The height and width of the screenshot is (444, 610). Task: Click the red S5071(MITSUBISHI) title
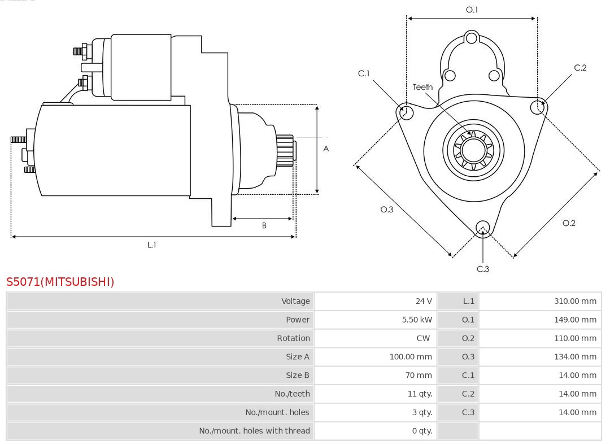click(x=60, y=281)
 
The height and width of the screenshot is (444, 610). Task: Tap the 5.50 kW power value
click(x=417, y=320)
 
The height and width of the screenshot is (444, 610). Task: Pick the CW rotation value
click(x=423, y=338)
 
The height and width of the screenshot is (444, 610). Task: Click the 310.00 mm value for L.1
click(x=575, y=301)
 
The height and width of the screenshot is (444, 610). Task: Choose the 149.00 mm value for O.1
click(x=575, y=320)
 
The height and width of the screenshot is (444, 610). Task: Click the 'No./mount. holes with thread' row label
click(x=254, y=431)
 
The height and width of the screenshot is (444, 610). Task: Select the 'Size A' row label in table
click(x=298, y=356)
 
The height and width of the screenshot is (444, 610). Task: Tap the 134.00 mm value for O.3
click(x=575, y=356)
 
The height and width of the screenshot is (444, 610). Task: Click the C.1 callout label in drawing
click(x=364, y=73)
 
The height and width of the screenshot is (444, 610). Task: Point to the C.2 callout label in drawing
click(x=580, y=68)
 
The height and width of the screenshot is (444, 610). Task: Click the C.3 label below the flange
click(x=483, y=269)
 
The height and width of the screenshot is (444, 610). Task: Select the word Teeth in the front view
click(x=422, y=87)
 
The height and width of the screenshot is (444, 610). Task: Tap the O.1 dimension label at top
click(x=472, y=10)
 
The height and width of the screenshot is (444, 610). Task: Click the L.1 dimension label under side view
click(x=152, y=245)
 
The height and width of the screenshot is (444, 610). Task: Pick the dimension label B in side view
click(x=264, y=225)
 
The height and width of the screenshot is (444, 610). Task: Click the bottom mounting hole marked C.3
click(x=482, y=228)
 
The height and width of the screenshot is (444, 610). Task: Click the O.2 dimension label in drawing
click(x=569, y=223)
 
